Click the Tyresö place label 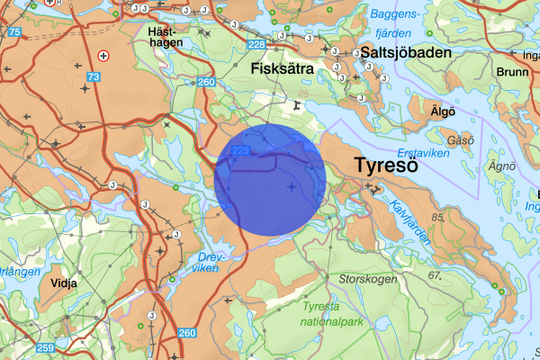click(386, 166)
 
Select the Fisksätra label click(278, 68)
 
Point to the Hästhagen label click(165, 36)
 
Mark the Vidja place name click(65, 282)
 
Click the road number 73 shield click(94, 78)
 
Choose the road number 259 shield click(44, 347)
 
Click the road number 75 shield click(14, 32)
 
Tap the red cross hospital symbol click(103, 56)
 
